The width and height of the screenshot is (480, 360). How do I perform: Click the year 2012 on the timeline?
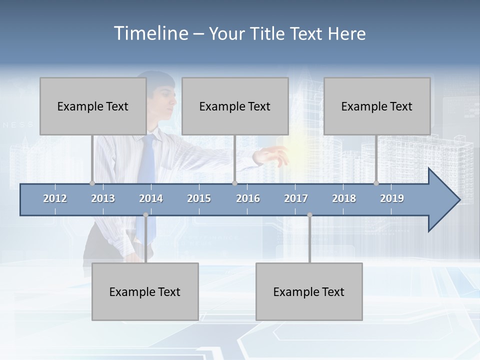[55, 198]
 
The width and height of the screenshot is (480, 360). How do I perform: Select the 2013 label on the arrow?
[103, 198]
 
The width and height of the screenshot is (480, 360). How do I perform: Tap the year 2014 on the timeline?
[151, 198]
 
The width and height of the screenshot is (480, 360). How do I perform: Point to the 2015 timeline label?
[199, 198]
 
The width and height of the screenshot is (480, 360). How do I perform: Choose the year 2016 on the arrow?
[248, 198]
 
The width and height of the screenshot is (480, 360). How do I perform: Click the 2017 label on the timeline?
[296, 198]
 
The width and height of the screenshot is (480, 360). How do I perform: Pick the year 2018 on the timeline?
[344, 198]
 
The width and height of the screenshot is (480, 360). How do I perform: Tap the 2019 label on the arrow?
[392, 198]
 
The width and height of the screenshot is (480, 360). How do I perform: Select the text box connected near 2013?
[93, 106]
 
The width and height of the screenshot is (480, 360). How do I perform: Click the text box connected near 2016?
[235, 106]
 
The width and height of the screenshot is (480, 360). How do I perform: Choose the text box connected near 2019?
[377, 106]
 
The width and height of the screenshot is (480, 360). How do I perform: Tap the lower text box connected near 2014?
[145, 291]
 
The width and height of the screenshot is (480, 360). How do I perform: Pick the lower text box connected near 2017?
[309, 291]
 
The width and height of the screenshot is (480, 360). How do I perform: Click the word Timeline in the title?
[150, 33]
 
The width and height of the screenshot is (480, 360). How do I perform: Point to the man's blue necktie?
[147, 160]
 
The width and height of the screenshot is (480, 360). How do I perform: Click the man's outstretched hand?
[270, 156]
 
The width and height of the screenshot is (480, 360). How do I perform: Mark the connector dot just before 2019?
[376, 183]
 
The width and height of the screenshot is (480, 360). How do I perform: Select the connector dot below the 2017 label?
[309, 215]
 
